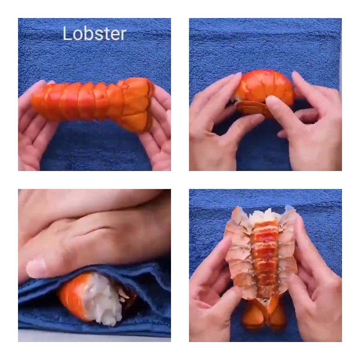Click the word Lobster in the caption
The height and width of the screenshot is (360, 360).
pos(94,34)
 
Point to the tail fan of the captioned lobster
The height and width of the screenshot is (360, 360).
pos(135,103)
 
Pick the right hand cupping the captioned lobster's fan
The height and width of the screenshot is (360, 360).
pos(157,135)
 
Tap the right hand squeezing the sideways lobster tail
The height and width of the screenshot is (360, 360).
pos(310,121)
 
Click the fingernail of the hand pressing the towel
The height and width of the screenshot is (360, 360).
pos(37,268)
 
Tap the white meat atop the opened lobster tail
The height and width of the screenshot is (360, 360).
pos(263,216)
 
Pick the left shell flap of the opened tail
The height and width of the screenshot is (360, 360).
pos(236,252)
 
